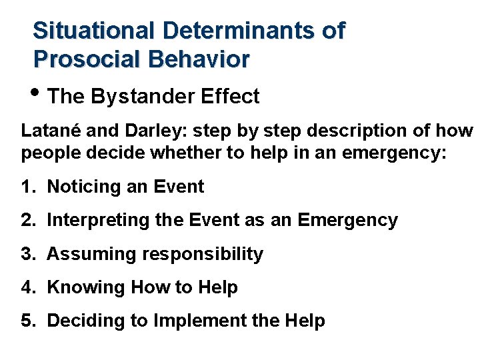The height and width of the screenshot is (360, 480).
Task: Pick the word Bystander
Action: click(141, 97)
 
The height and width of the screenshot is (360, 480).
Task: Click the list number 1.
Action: click(27, 187)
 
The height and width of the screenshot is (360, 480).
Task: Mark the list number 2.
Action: click(27, 221)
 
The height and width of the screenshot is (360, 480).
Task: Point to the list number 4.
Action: click(27, 287)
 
